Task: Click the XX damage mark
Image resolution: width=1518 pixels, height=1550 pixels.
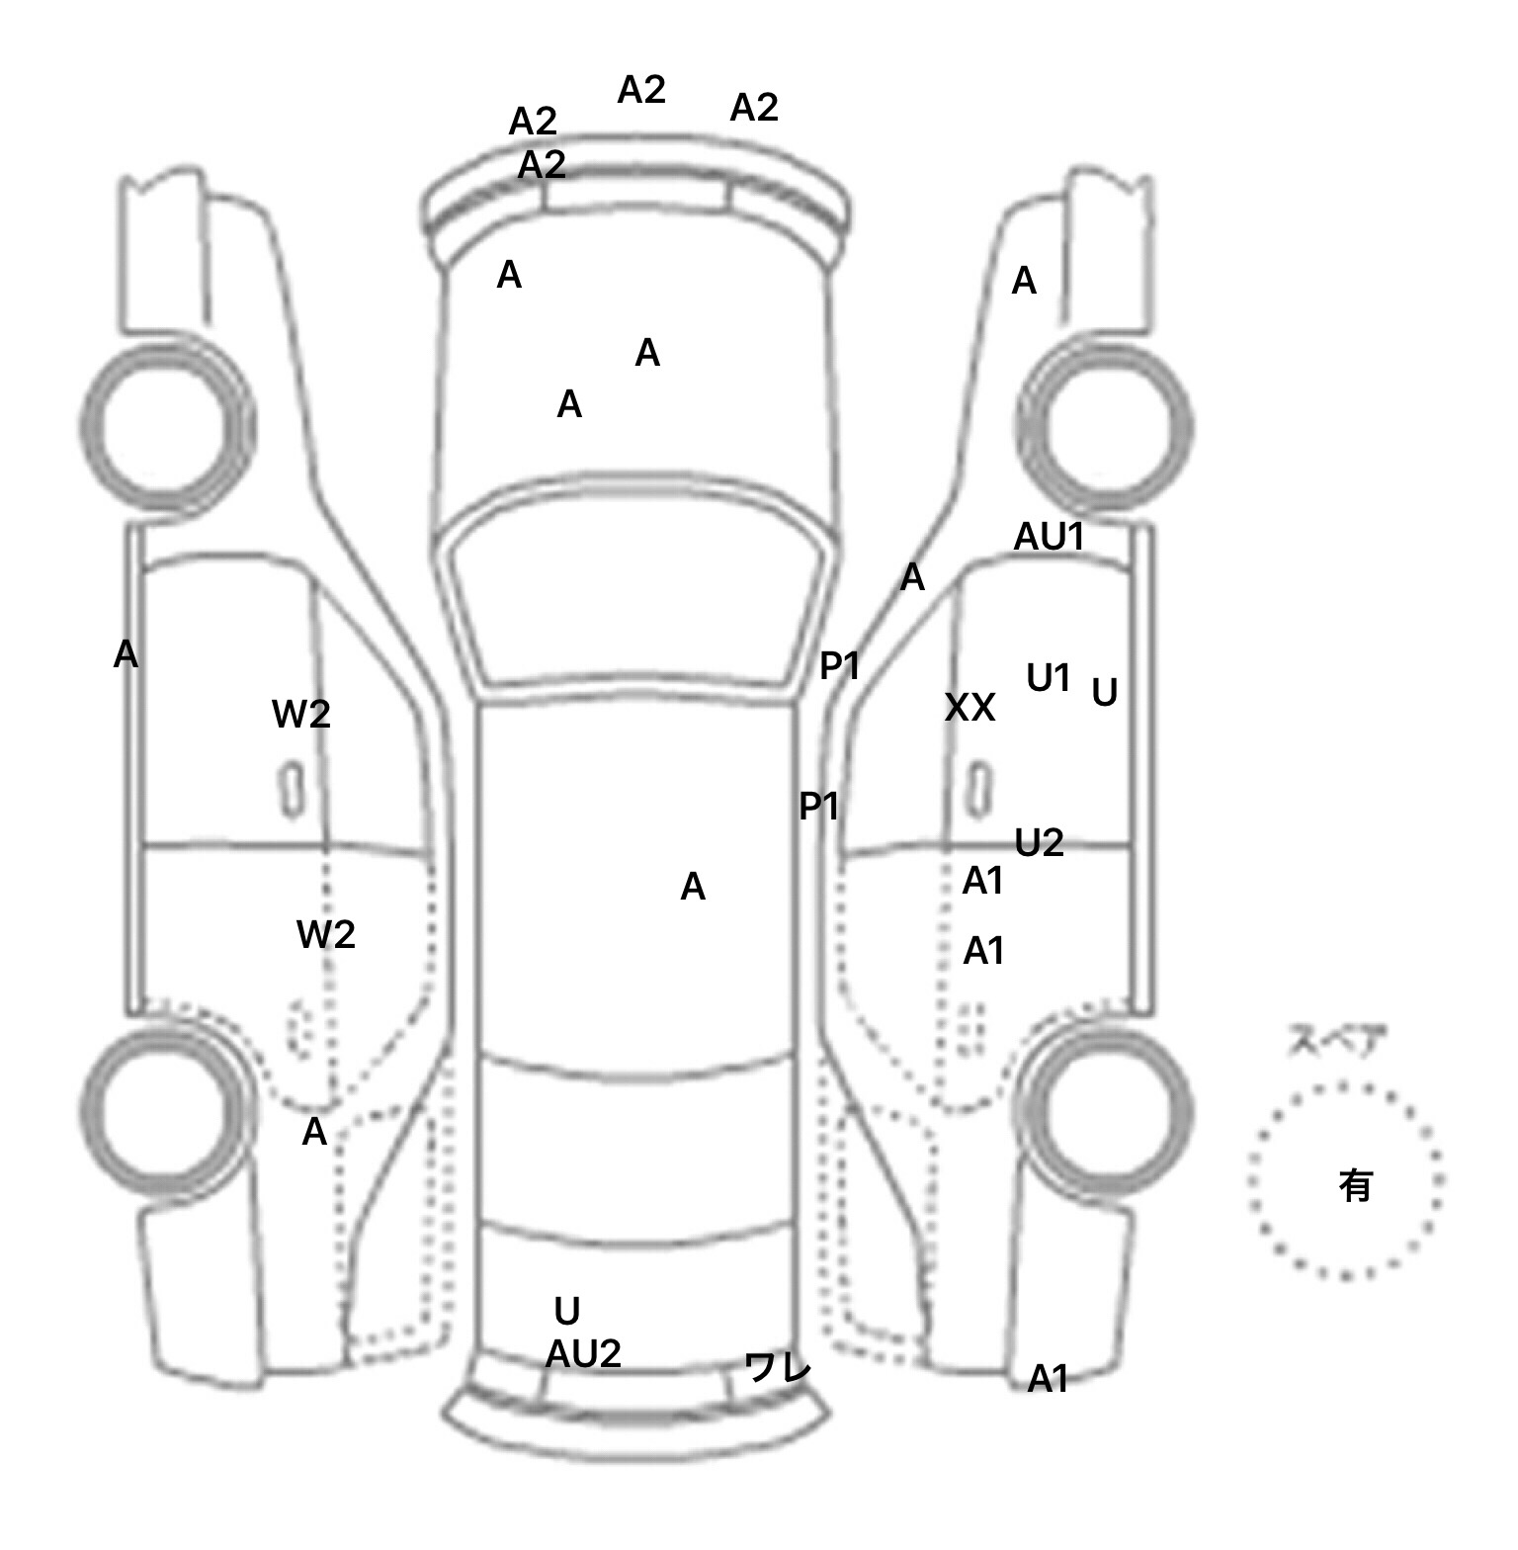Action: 970,708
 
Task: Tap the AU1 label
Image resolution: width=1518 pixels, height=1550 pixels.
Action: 1050,537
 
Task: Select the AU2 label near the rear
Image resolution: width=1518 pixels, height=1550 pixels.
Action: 583,1354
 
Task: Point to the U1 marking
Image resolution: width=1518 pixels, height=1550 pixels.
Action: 1049,678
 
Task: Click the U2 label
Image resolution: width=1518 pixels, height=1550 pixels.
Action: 1039,843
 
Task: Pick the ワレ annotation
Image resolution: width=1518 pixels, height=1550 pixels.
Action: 777,1368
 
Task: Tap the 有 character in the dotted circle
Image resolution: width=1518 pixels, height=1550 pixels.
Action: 1355,1184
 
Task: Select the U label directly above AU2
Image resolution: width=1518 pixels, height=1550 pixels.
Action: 566,1312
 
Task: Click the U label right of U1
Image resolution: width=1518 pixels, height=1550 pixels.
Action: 1104,693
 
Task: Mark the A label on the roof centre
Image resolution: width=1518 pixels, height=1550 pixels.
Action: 693,888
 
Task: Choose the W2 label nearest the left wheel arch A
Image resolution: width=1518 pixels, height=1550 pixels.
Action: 326,935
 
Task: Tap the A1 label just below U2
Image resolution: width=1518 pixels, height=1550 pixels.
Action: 983,880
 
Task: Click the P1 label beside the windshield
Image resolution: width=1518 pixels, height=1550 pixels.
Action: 840,667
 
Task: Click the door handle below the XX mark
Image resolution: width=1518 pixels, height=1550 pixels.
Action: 978,790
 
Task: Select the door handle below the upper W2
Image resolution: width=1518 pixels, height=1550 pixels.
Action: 292,790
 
